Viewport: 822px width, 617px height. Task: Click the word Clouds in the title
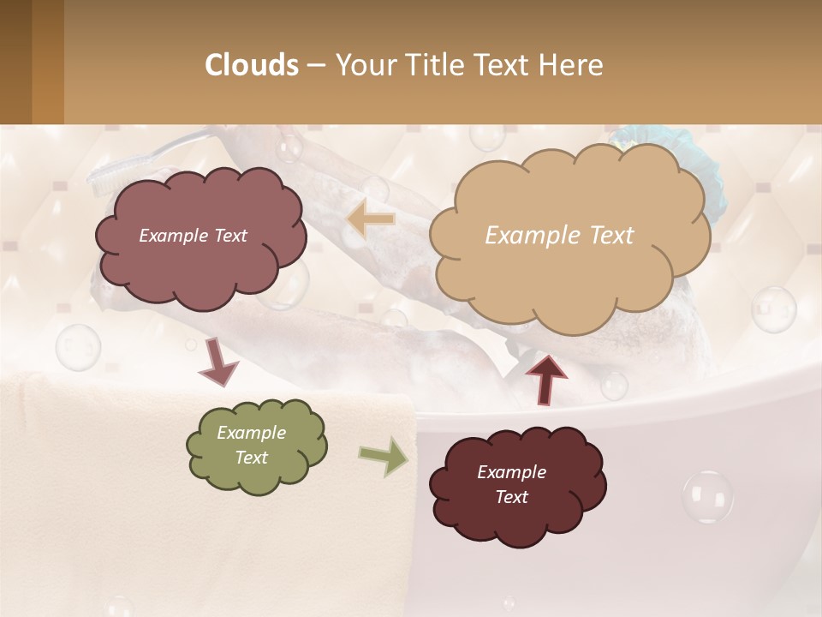click(252, 64)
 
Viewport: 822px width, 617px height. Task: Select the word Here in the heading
click(571, 64)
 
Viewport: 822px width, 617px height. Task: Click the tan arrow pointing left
click(370, 219)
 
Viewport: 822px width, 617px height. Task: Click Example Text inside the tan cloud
click(559, 236)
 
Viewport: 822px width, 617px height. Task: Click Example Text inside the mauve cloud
click(193, 236)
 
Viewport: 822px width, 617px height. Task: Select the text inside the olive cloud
click(251, 446)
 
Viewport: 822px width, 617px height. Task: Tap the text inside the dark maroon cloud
click(511, 485)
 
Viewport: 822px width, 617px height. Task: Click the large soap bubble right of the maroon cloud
click(707, 496)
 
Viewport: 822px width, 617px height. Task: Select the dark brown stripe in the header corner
click(15, 62)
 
